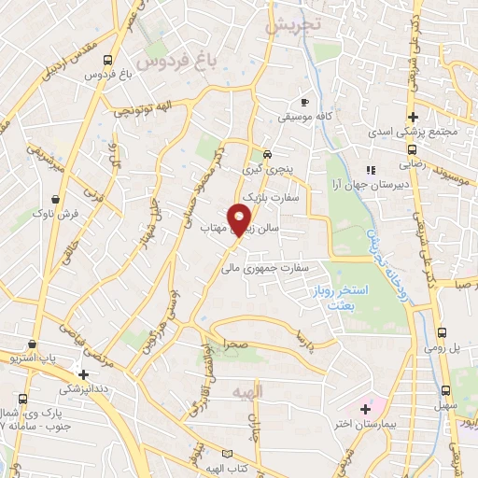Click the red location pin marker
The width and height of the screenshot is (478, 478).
click(240, 220)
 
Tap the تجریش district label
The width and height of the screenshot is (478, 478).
click(289, 25)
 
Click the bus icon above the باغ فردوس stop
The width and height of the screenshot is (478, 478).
click(110, 60)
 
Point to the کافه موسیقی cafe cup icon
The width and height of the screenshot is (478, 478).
click(304, 102)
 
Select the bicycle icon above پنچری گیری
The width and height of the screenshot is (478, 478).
click(267, 154)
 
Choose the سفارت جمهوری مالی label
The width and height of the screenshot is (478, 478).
click(290, 266)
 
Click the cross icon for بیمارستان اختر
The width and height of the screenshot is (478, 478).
click(365, 408)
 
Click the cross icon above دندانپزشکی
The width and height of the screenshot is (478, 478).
click(84, 374)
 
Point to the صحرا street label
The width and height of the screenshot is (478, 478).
click(228, 344)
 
